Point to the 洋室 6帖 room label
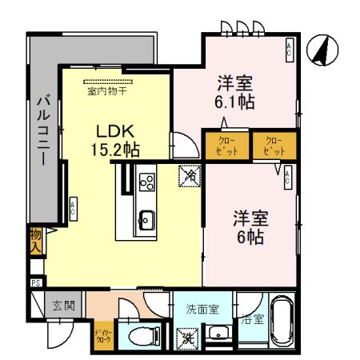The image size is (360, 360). pyautogui.click(x=250, y=227)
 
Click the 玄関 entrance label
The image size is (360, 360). pyautogui.click(x=64, y=304)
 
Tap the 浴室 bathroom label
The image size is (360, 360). pyautogui.click(x=253, y=318)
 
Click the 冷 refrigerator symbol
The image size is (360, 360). pyautogui.click(x=190, y=174)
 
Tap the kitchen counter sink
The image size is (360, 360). pyautogui.click(x=146, y=217)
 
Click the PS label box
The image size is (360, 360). pyautogui.click(x=36, y=282)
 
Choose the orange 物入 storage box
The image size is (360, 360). pyautogui.click(x=36, y=239)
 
